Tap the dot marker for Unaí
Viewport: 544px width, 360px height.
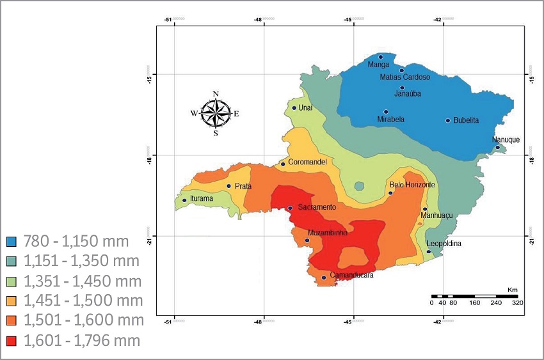click(x=294, y=107)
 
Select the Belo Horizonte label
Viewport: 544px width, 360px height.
click(x=412, y=185)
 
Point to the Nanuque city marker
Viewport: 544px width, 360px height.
click(x=497, y=148)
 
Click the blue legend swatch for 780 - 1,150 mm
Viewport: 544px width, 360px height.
click(x=10, y=241)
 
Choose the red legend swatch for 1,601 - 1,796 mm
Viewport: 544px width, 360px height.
click(x=10, y=341)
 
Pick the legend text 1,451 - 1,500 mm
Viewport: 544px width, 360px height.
click(x=83, y=301)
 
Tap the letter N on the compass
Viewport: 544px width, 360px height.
click(x=216, y=94)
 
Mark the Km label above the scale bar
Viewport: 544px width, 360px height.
click(x=512, y=290)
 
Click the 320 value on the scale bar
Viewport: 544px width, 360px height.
click(x=517, y=303)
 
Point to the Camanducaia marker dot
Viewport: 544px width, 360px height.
click(x=324, y=278)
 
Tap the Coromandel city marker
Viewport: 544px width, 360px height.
click(x=283, y=164)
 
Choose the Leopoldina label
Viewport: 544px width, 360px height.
click(x=444, y=244)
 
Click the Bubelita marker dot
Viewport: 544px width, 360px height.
click(x=448, y=120)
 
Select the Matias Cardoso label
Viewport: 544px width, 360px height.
click(x=405, y=77)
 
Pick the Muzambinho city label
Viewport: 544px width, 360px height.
click(x=328, y=233)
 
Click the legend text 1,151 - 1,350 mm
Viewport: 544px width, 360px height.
click(x=83, y=261)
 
